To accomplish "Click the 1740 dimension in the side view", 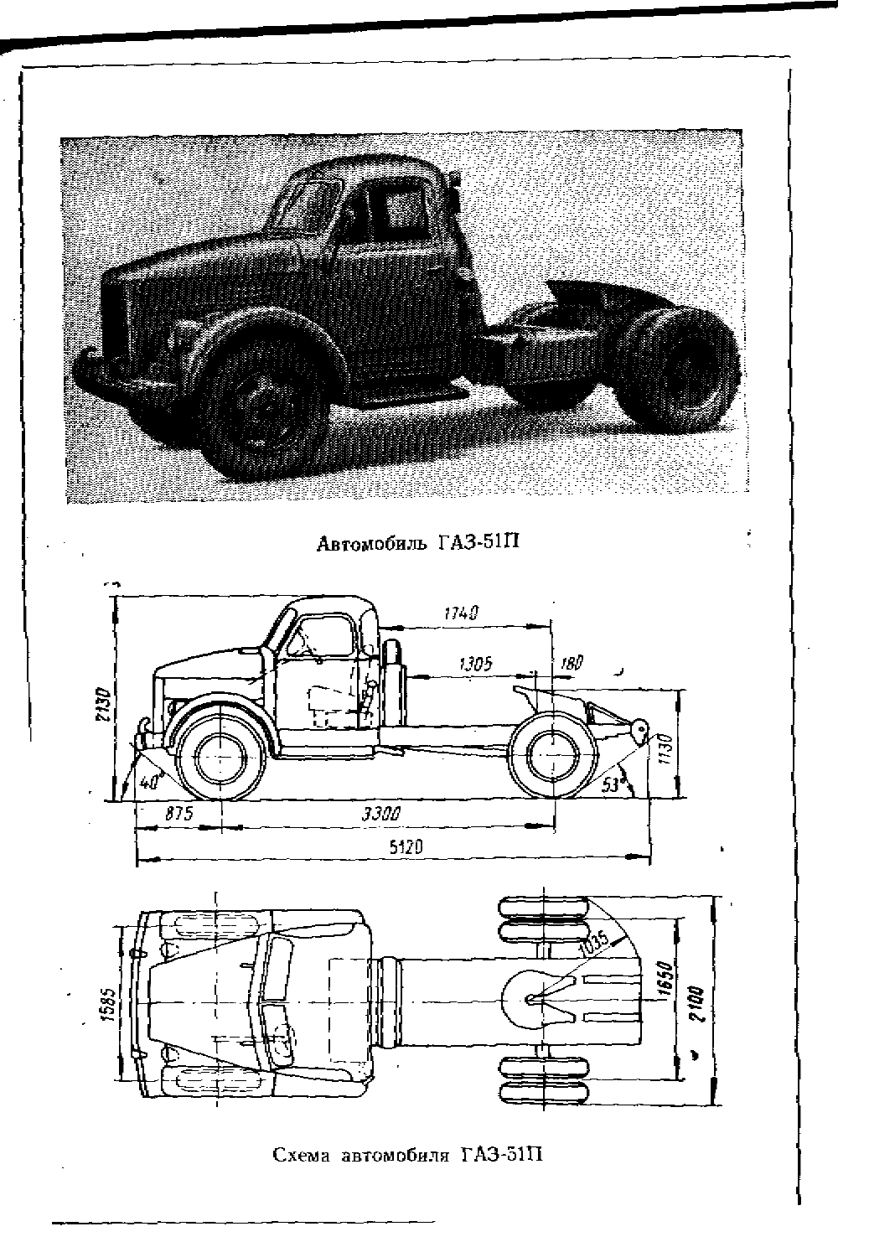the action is coord(462,613).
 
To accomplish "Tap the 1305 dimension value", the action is coord(476,664).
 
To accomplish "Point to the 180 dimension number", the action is coord(572,662).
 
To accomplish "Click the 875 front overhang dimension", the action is coord(179,814).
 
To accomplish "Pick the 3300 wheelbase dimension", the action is coord(381,814).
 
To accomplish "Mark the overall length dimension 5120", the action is coord(406,847).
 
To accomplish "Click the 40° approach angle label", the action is coord(148,783).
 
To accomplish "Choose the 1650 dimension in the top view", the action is coord(666,981).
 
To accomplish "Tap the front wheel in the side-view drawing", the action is coord(220,758).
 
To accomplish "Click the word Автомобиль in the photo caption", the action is coord(371,544).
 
